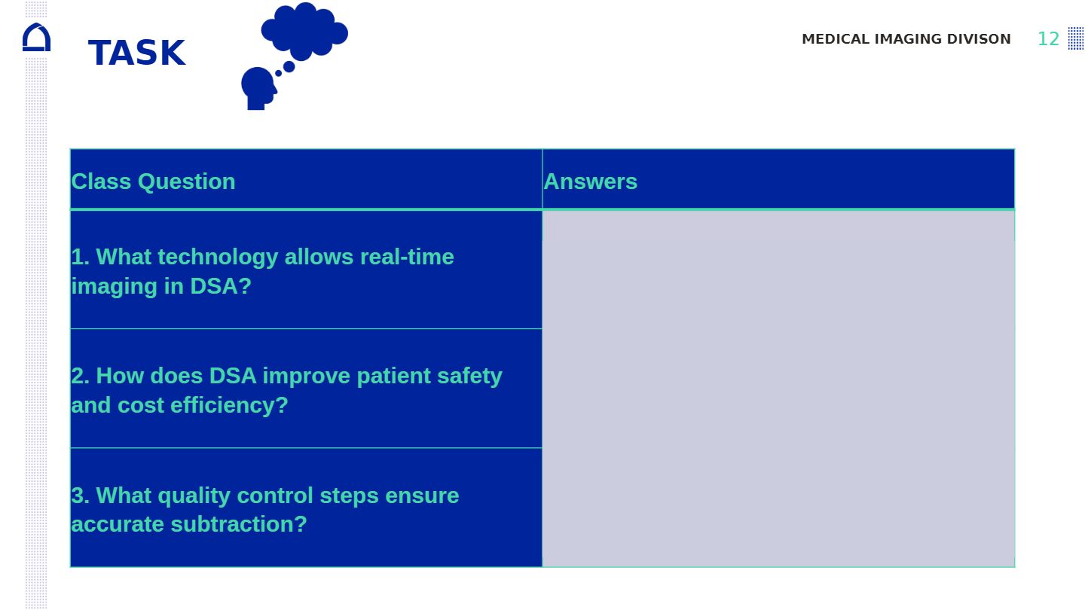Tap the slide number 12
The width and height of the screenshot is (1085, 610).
(1049, 39)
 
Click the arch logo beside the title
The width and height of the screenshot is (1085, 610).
(36, 37)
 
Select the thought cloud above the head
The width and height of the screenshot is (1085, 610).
(304, 30)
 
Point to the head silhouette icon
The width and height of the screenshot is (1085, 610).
(258, 89)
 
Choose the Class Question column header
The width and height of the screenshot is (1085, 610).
(153, 181)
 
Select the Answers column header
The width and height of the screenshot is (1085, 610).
(591, 181)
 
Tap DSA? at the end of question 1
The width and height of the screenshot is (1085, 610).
(220, 286)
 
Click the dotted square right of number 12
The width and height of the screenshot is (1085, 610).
(1076, 38)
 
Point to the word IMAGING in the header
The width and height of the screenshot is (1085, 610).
(908, 39)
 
